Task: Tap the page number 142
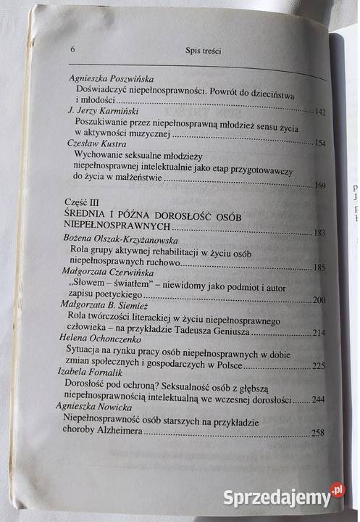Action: (x=321, y=113)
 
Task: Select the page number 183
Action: (x=317, y=233)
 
